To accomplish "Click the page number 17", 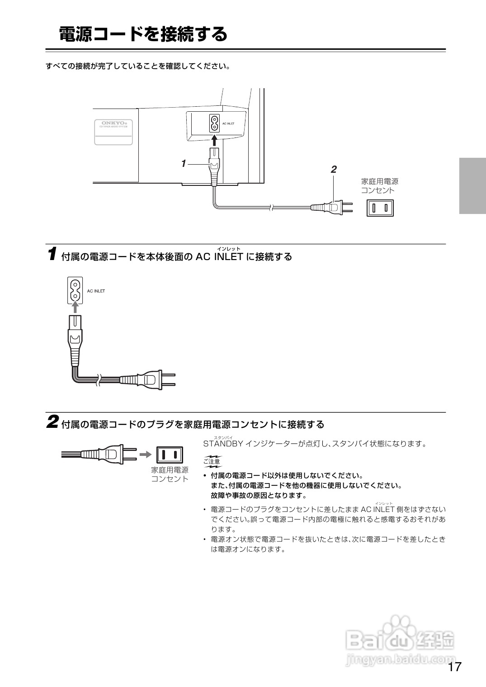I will point(455,667).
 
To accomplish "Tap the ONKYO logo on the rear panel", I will point(113,123).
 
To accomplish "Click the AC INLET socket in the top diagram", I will point(214,123).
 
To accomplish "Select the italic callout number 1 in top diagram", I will point(184,164).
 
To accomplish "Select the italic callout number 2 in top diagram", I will point(334,170).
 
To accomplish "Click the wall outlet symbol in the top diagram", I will point(380,208).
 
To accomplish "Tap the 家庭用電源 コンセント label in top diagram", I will point(380,185).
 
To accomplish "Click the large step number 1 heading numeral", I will point(52,254).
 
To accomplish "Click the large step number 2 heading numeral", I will point(52,422).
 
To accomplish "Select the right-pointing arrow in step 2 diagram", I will point(145,454).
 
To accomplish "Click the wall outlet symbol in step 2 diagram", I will point(170,454).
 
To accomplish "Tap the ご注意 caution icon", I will point(212,461).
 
